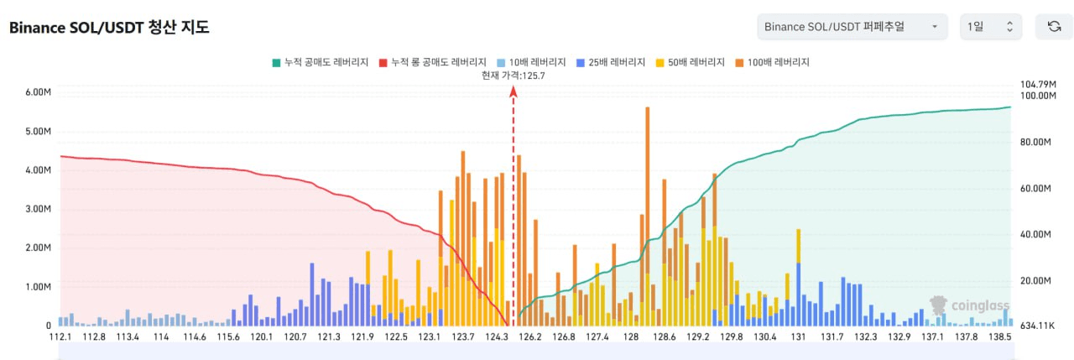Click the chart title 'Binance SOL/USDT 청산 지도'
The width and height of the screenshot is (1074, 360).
click(x=109, y=27)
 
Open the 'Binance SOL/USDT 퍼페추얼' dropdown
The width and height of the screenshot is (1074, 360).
click(x=852, y=27)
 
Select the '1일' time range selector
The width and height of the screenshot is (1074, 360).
click(x=991, y=27)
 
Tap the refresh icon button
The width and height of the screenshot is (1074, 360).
click(x=1054, y=27)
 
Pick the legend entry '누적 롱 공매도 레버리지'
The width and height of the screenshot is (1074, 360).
click(x=433, y=62)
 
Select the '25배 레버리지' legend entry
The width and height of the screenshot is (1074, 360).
click(x=611, y=62)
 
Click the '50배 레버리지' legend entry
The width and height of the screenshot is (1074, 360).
click(x=692, y=62)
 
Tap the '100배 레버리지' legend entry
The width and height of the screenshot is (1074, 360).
click(x=773, y=62)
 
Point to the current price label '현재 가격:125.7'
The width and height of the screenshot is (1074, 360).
click(x=514, y=76)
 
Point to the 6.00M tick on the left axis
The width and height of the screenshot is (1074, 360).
click(x=38, y=92)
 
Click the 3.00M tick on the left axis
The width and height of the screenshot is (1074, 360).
click(x=38, y=209)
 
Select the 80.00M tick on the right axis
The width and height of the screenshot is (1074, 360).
click(x=1035, y=143)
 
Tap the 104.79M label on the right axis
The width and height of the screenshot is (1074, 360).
click(x=1036, y=84)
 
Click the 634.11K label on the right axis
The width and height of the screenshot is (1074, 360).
click(x=1035, y=326)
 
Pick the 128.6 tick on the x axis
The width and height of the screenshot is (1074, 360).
click(x=664, y=337)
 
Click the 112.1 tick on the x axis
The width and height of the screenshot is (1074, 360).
click(x=60, y=337)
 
